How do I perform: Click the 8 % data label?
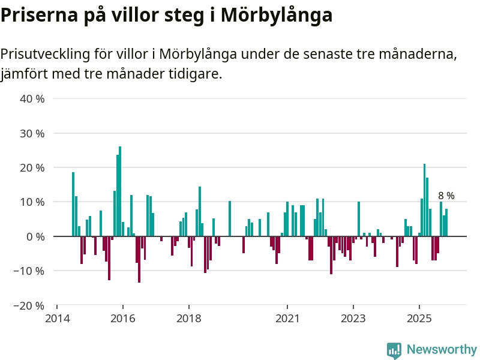click(446, 196)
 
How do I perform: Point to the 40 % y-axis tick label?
click(33, 98)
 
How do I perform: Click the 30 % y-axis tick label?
click(33, 133)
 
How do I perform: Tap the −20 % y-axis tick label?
click(30, 305)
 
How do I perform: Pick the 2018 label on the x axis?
click(189, 318)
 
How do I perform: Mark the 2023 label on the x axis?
click(353, 318)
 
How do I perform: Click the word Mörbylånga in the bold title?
click(277, 16)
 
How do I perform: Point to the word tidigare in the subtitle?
click(193, 74)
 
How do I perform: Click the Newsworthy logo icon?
click(394, 350)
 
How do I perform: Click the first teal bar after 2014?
click(73, 204)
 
